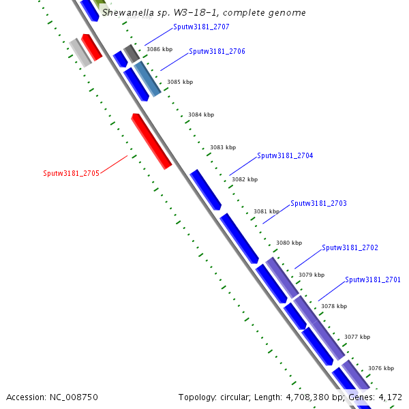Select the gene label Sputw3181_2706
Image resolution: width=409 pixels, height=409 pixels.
(217, 52)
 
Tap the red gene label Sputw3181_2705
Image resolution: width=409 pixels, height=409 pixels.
(72, 173)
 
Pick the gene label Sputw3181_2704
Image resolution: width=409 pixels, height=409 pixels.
(285, 156)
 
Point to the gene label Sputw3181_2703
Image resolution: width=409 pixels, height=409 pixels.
(318, 204)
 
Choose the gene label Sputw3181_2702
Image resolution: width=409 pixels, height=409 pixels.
(350, 248)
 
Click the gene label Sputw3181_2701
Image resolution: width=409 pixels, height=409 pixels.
(373, 280)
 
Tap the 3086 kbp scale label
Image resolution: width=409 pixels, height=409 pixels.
(160, 49)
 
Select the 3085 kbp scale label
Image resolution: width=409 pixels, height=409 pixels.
(180, 82)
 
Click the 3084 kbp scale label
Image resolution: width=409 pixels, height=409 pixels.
(201, 115)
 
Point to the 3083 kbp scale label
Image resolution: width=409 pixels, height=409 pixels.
(223, 147)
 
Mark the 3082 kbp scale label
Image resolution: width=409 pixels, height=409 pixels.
(245, 180)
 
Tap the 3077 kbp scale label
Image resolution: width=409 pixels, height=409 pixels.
(357, 337)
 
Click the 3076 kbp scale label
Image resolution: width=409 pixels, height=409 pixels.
(381, 368)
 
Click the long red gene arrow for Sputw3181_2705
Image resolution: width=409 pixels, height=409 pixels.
(151, 141)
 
